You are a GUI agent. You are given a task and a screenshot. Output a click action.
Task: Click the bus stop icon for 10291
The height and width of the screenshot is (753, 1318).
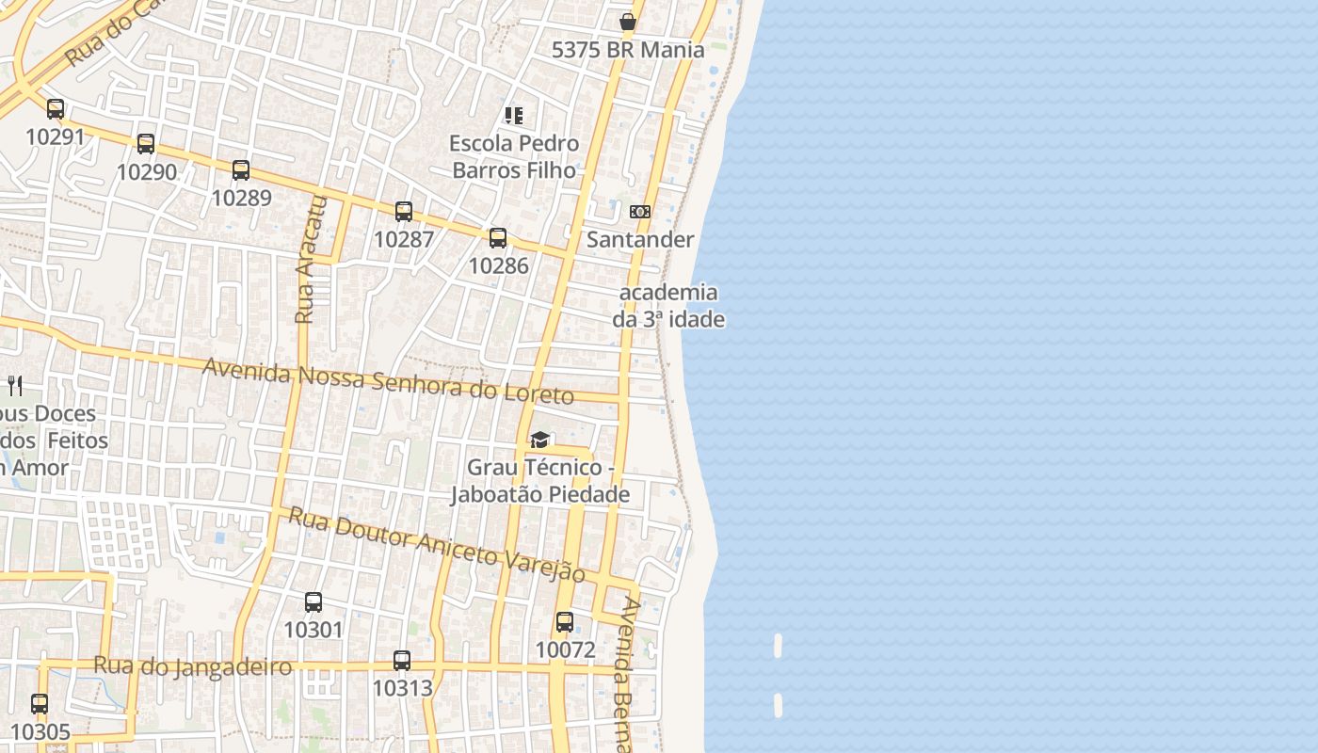(x=56, y=109)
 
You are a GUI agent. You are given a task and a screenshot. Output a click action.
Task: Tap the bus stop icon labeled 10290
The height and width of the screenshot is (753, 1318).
(x=146, y=144)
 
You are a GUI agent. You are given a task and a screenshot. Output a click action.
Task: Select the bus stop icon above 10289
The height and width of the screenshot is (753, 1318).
(x=241, y=170)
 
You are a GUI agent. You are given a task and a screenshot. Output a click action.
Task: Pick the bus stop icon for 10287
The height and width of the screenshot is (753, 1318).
(x=404, y=212)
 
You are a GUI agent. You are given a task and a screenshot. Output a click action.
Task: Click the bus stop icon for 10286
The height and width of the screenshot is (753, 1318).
(x=498, y=238)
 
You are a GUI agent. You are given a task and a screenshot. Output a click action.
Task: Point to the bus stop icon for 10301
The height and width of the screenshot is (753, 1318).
(x=313, y=602)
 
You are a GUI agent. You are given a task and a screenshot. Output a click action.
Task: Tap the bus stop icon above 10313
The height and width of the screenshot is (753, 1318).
(x=402, y=661)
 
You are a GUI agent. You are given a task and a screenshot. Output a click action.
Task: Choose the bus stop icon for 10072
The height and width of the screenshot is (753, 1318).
(x=565, y=622)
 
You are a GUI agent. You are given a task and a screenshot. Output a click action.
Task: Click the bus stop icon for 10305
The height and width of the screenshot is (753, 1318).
(x=40, y=704)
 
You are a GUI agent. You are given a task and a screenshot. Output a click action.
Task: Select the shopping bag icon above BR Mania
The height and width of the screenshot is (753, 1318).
(x=628, y=22)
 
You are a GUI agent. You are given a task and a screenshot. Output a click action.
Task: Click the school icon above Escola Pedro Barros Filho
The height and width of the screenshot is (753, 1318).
(x=514, y=116)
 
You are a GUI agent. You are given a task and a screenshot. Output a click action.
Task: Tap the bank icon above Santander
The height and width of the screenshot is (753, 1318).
(x=640, y=212)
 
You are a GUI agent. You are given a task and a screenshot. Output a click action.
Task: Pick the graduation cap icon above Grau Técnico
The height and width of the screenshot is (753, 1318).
(x=539, y=440)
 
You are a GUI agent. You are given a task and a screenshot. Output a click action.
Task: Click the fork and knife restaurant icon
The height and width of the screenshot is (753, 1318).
(x=15, y=385)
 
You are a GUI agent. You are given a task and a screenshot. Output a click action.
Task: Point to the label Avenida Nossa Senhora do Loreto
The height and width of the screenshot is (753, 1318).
(x=388, y=380)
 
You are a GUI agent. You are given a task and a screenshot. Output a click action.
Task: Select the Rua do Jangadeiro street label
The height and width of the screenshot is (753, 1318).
(x=192, y=667)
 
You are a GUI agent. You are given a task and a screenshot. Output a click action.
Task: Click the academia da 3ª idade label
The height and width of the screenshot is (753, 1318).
(x=668, y=306)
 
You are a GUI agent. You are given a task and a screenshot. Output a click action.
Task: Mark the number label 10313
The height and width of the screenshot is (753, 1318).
(x=403, y=688)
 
